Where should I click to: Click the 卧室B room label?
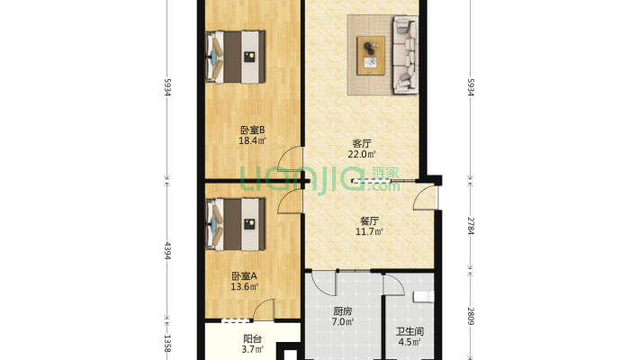point(251,128)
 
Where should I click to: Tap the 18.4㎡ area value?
point(251,139)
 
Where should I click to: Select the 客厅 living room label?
point(362,142)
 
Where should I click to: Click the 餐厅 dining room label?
point(369,220)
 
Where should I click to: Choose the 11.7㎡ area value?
point(369,232)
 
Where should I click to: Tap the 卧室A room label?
point(244,276)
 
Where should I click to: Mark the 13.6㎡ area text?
point(244,288)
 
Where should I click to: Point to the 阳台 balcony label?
point(253,339)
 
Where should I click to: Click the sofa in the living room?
point(407,55)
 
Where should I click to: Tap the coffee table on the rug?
point(370,55)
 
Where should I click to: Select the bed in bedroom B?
point(237,57)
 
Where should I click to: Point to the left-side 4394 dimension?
point(166,253)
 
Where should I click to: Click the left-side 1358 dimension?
point(166,343)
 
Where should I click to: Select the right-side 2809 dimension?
point(471,315)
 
